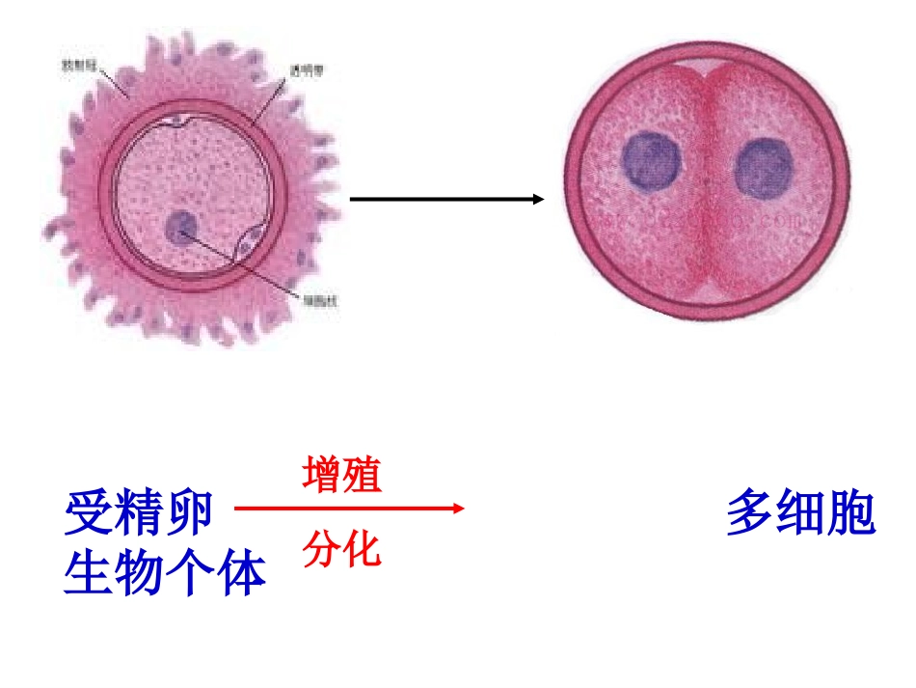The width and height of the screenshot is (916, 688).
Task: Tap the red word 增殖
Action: (342, 476)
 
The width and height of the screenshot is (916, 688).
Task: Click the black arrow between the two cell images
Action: (444, 200)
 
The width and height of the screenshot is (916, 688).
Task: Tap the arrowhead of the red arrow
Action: (457, 508)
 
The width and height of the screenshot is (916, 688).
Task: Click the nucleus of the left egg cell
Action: (180, 228)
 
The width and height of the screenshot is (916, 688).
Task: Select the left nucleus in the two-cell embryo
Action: (650, 160)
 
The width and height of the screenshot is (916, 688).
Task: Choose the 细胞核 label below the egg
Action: (320, 300)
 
